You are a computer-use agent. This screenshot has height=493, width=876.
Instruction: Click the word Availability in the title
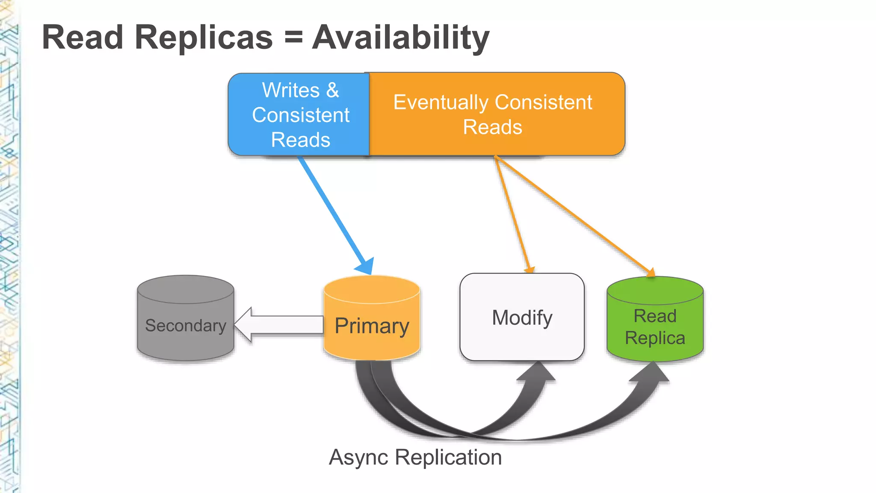click(x=400, y=38)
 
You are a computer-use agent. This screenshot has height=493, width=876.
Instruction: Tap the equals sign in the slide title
click(x=293, y=38)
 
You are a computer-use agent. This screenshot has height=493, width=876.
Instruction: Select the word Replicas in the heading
click(x=204, y=38)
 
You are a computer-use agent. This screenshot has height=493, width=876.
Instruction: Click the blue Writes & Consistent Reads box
click(x=299, y=115)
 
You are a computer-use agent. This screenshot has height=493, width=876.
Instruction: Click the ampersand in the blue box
click(x=333, y=90)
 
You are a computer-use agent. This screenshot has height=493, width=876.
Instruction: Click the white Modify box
click(x=522, y=318)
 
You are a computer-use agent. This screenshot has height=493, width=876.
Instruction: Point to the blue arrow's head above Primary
click(x=366, y=266)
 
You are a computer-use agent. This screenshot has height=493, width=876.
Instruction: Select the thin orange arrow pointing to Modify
click(x=512, y=214)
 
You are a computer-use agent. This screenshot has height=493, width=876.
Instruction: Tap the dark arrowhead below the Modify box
click(x=537, y=372)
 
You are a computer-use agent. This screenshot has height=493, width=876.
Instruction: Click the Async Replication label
click(x=415, y=457)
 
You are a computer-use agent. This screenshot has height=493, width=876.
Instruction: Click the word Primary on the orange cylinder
click(x=371, y=326)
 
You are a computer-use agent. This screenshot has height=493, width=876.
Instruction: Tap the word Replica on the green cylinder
click(x=655, y=338)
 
